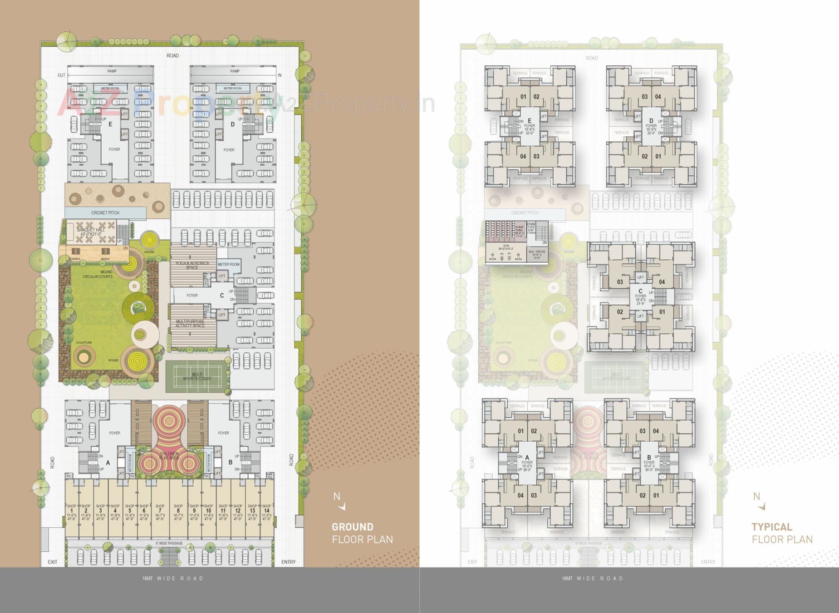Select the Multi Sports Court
(197, 376)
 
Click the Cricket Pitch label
(105, 213)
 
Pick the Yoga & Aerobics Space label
(192, 265)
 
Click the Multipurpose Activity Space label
(190, 323)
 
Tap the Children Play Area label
(168, 455)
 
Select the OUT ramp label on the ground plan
(61, 75)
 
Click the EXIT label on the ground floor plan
(53, 562)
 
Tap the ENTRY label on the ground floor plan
(288, 562)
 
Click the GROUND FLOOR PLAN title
(362, 533)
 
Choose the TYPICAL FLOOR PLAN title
(782, 533)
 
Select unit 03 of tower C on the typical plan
(620, 282)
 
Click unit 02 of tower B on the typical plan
(643, 495)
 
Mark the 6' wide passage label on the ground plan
(169, 543)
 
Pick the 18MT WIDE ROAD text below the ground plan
(173, 578)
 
